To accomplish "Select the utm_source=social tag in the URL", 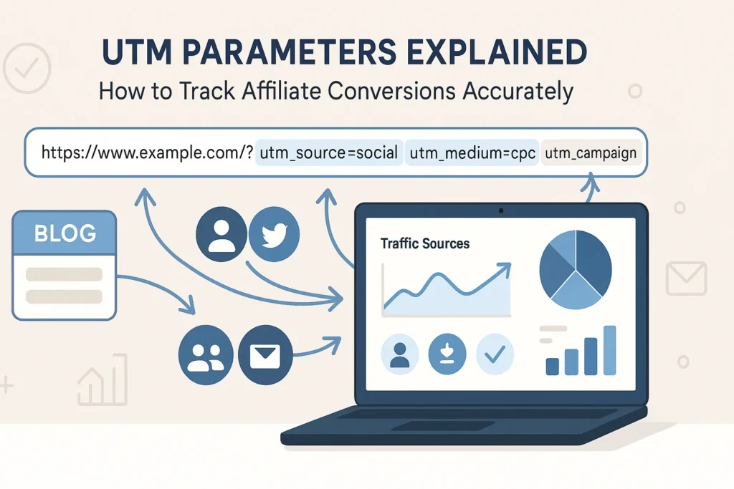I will pos(329,152).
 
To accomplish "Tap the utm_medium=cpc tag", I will pos(471,152).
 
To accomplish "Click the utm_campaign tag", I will pos(591,152).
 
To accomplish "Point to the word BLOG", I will pos(65,233).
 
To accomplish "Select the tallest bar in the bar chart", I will pos(610,350).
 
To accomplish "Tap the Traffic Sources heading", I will pos(425,244).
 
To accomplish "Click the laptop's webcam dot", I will pos(500,210).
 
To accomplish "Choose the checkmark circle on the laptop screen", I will pos(495,354).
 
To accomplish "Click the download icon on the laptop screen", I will pos(447,354).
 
